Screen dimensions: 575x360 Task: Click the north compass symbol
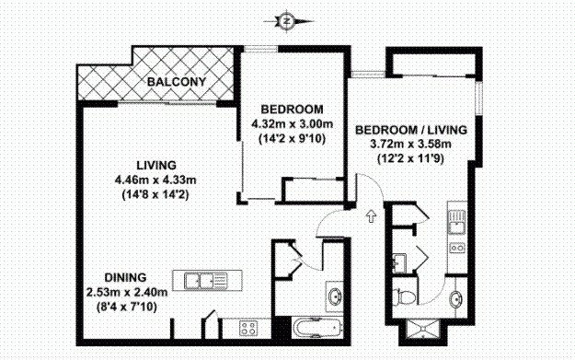287,22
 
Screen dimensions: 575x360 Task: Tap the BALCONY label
177,81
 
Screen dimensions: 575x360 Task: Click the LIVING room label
156,165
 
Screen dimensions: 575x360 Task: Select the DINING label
125,277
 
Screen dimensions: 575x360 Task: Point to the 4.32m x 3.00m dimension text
292,123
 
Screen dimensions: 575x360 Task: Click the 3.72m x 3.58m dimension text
410,144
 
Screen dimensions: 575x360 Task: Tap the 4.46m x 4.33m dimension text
155,180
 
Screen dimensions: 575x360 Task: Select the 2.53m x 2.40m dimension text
127,292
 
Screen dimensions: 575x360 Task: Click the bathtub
317,328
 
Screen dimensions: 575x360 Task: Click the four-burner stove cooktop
248,328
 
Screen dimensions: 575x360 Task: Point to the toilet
404,296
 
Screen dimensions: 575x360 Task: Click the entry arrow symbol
372,216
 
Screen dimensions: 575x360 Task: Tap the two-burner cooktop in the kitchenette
457,248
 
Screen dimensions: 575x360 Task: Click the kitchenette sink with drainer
457,222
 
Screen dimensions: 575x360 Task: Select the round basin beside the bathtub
335,296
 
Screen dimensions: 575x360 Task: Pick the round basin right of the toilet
455,298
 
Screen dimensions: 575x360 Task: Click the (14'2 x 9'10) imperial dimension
292,139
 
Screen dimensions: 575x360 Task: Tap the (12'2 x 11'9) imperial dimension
410,158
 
